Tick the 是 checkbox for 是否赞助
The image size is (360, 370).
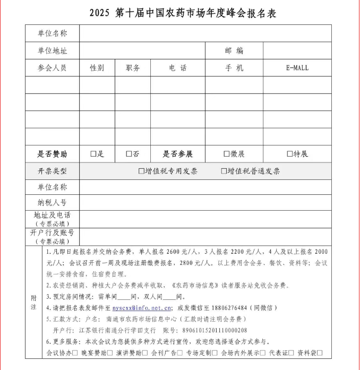coord(93,154)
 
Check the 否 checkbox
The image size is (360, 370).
coord(128,154)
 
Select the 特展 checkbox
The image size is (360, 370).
coord(290,154)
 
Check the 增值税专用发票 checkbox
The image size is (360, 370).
coord(141,171)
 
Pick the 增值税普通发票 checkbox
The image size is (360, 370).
coord(224,171)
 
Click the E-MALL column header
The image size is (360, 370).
coord(297,68)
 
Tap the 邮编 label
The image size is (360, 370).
coord(234,51)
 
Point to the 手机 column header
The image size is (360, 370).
coord(234,68)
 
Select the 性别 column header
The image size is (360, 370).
coord(97,68)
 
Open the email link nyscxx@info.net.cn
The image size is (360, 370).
coord(142,308)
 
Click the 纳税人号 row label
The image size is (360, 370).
coord(52,202)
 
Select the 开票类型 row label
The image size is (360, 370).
coord(52,171)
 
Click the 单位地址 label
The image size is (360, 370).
coord(52,51)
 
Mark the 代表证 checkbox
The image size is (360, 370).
coord(291,353)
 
